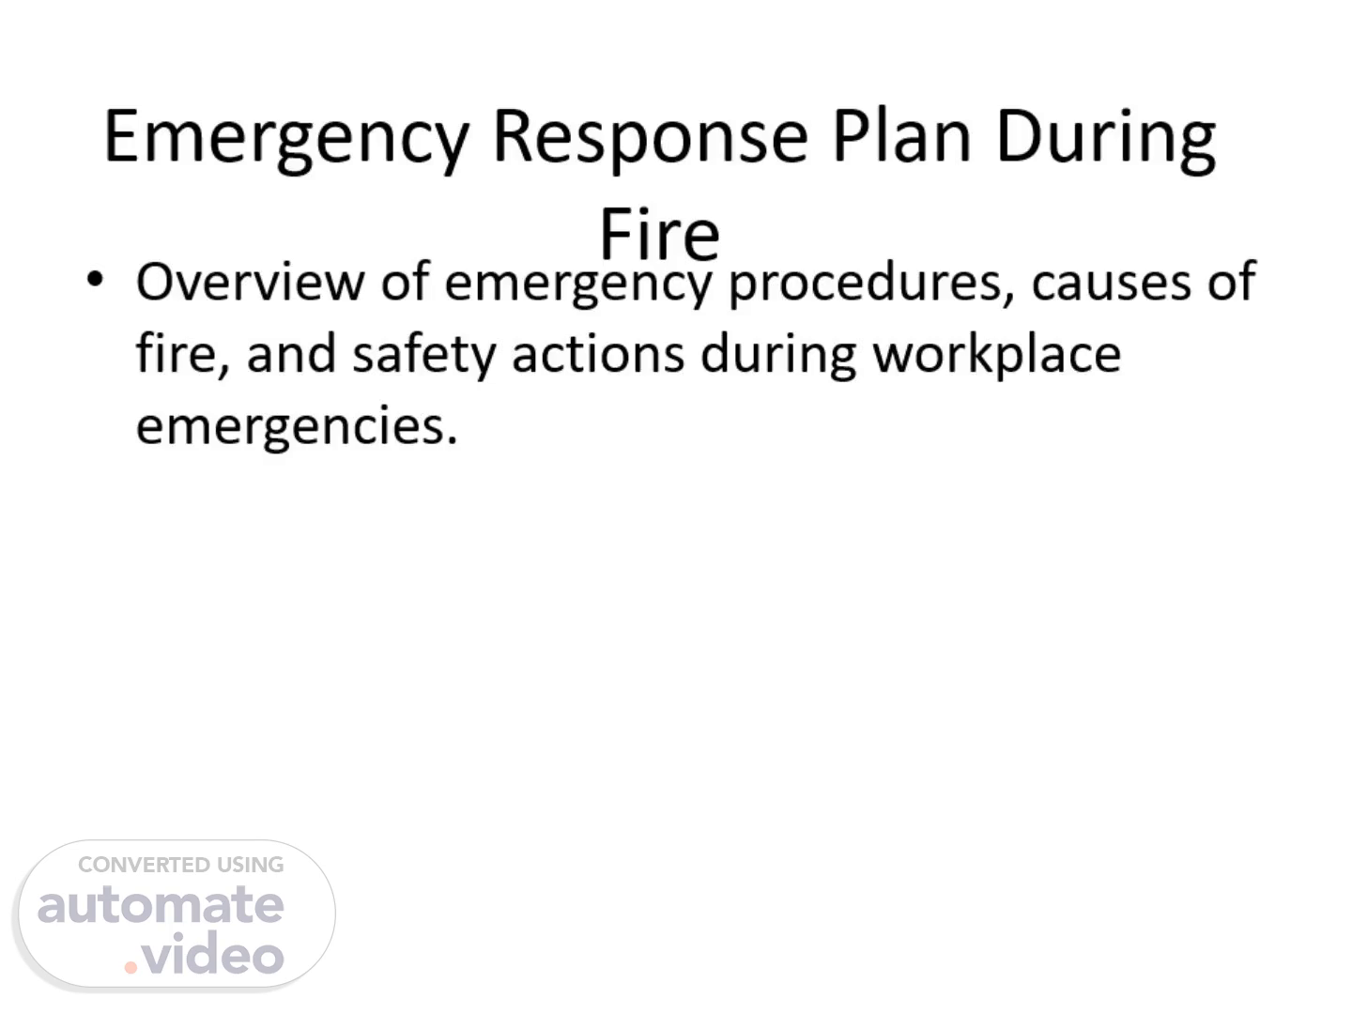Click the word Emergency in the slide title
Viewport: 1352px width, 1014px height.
point(287,140)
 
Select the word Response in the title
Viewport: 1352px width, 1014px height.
point(651,140)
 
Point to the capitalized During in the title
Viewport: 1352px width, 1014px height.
point(1106,140)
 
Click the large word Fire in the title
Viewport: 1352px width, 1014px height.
point(659,234)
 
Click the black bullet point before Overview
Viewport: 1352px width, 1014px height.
point(96,279)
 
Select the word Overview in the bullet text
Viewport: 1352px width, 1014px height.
point(250,282)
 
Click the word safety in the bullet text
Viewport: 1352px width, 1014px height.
point(423,354)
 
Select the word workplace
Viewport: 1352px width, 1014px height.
point(996,355)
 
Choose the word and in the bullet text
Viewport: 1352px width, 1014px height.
point(291,354)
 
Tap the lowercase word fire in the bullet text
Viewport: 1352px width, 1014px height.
point(183,354)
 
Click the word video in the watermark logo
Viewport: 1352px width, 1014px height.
point(212,952)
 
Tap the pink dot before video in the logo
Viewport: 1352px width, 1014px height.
point(131,968)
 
